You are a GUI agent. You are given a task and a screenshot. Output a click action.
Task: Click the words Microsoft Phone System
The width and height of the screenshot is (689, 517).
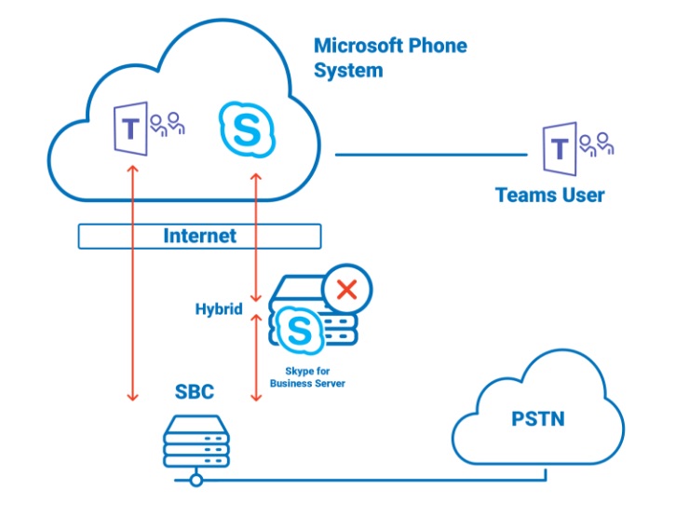(390, 57)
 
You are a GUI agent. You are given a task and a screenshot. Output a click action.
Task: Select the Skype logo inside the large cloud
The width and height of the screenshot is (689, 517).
(247, 129)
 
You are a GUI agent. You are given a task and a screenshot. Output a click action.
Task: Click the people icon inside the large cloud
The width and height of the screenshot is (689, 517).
(168, 124)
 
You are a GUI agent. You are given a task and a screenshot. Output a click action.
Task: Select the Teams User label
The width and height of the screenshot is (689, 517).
(549, 195)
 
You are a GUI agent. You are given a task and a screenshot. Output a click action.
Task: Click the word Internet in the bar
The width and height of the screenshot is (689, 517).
(199, 236)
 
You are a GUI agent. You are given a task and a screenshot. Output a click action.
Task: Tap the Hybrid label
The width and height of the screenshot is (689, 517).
(219, 308)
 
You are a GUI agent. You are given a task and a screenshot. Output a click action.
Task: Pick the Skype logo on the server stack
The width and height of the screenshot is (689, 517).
(301, 330)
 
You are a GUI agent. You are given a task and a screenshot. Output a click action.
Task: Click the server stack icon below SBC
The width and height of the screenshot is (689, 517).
(196, 442)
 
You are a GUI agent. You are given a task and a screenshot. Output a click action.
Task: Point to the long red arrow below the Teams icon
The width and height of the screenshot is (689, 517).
(132, 279)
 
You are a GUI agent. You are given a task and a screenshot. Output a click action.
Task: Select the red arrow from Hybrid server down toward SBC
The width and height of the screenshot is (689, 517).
(256, 359)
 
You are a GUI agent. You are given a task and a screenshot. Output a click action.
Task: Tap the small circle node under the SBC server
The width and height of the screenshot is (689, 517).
(196, 480)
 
